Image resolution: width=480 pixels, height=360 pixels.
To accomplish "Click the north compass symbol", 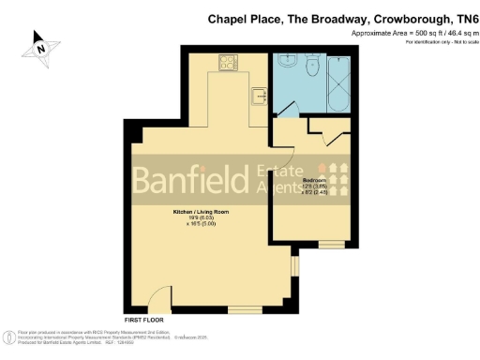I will (x=40, y=47).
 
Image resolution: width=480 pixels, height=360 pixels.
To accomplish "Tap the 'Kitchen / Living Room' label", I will (x=199, y=213).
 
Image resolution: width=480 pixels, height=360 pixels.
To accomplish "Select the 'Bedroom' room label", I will (x=315, y=180).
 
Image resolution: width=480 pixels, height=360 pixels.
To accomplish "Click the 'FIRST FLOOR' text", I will (x=142, y=320).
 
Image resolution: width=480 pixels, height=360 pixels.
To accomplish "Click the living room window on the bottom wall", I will (x=245, y=309).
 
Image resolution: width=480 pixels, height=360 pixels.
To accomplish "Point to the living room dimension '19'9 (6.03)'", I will (x=199, y=219).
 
